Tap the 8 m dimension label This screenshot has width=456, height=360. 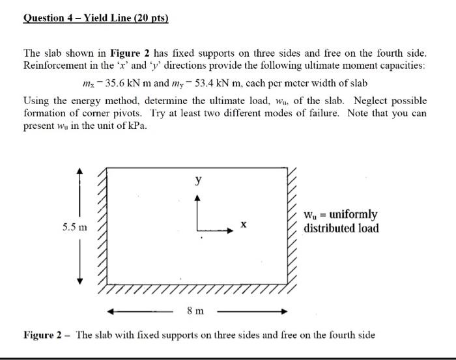click(x=195, y=311)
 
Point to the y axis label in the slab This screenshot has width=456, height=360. click(x=198, y=180)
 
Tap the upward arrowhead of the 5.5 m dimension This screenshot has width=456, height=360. click(x=79, y=171)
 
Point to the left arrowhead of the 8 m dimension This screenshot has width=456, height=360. click(x=111, y=311)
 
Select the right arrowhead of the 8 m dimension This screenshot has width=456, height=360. click(x=284, y=311)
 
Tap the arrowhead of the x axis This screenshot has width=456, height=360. click(x=230, y=229)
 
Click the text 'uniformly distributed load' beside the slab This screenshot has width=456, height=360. click(x=341, y=221)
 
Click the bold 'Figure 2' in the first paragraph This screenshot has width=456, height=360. click(x=132, y=52)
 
